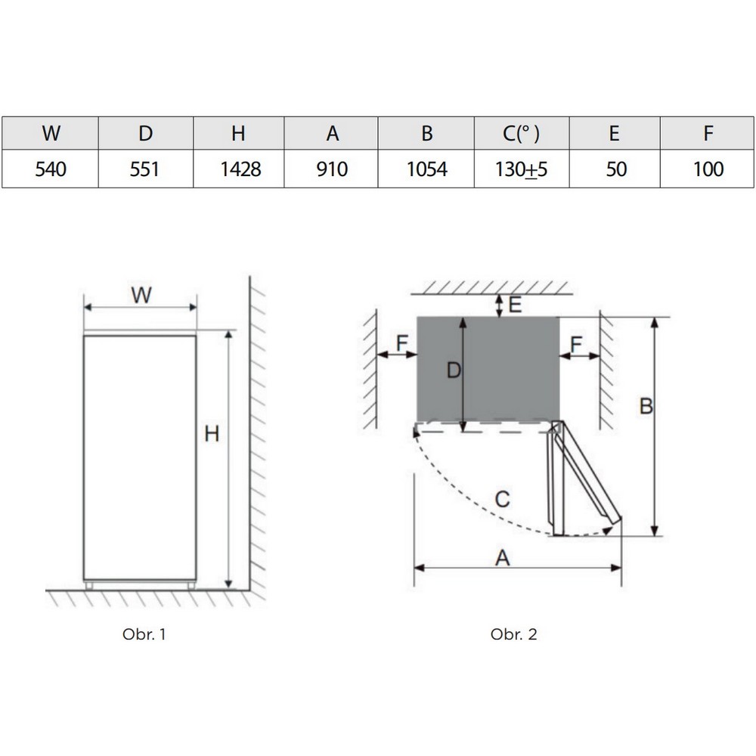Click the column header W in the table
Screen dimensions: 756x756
[x=51, y=134]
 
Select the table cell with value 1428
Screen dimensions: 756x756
[x=239, y=169]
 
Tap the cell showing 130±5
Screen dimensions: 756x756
[x=522, y=169]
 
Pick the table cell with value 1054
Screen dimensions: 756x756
[x=426, y=169]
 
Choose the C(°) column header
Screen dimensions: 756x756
[x=522, y=134]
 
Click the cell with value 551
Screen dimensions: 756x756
[x=144, y=169]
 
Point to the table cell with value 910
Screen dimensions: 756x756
[x=331, y=169]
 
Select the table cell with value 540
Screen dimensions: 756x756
[x=51, y=169]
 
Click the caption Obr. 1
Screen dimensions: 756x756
[x=144, y=634]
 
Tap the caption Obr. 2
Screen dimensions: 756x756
[x=513, y=634]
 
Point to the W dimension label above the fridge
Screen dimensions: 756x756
[x=141, y=296]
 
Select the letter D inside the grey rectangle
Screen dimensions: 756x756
[x=453, y=370]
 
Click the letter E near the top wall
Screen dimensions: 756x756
[x=515, y=305]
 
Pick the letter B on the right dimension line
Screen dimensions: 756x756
[x=646, y=406]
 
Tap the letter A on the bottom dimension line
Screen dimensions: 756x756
[x=502, y=558]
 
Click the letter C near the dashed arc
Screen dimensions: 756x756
[x=502, y=499]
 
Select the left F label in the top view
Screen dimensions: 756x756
[x=402, y=345]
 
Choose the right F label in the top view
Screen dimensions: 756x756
[x=576, y=345]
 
